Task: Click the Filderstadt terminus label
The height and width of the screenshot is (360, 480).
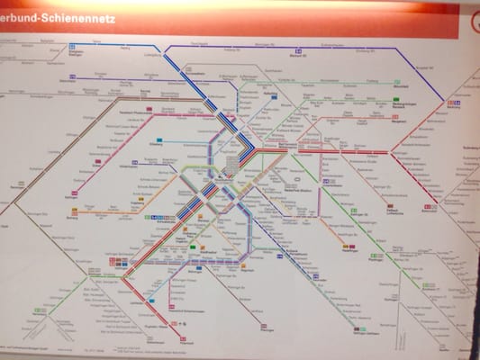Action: [186, 341]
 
